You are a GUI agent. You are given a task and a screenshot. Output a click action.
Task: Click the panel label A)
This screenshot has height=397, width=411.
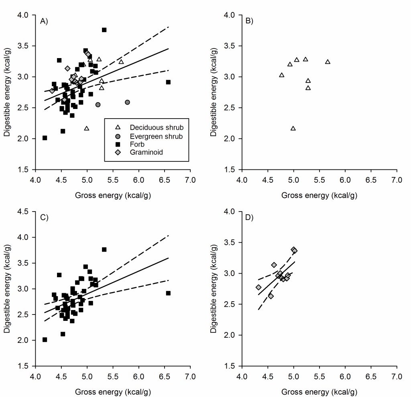pos(44,22)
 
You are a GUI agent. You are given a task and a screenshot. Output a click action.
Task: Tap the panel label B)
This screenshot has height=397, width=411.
pos(249,22)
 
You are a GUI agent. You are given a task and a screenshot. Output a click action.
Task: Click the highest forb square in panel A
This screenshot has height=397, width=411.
pos(104,30)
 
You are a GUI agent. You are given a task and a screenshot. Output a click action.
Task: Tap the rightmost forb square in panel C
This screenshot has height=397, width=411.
pos(168,293)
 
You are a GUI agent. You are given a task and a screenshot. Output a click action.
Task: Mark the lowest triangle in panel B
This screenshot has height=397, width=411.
pos(293,128)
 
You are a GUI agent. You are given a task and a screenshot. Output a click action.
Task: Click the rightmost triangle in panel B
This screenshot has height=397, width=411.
pos(328,62)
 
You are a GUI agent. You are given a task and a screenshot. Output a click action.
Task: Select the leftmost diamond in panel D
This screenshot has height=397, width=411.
pos(258,287)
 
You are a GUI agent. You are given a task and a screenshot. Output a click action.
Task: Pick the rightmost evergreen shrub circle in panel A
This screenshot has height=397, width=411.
pos(127,102)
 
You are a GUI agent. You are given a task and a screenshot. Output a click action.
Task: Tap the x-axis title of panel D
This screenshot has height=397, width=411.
pos(319,392)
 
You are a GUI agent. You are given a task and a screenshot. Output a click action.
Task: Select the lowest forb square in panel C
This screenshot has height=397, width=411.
pos(45,340)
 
